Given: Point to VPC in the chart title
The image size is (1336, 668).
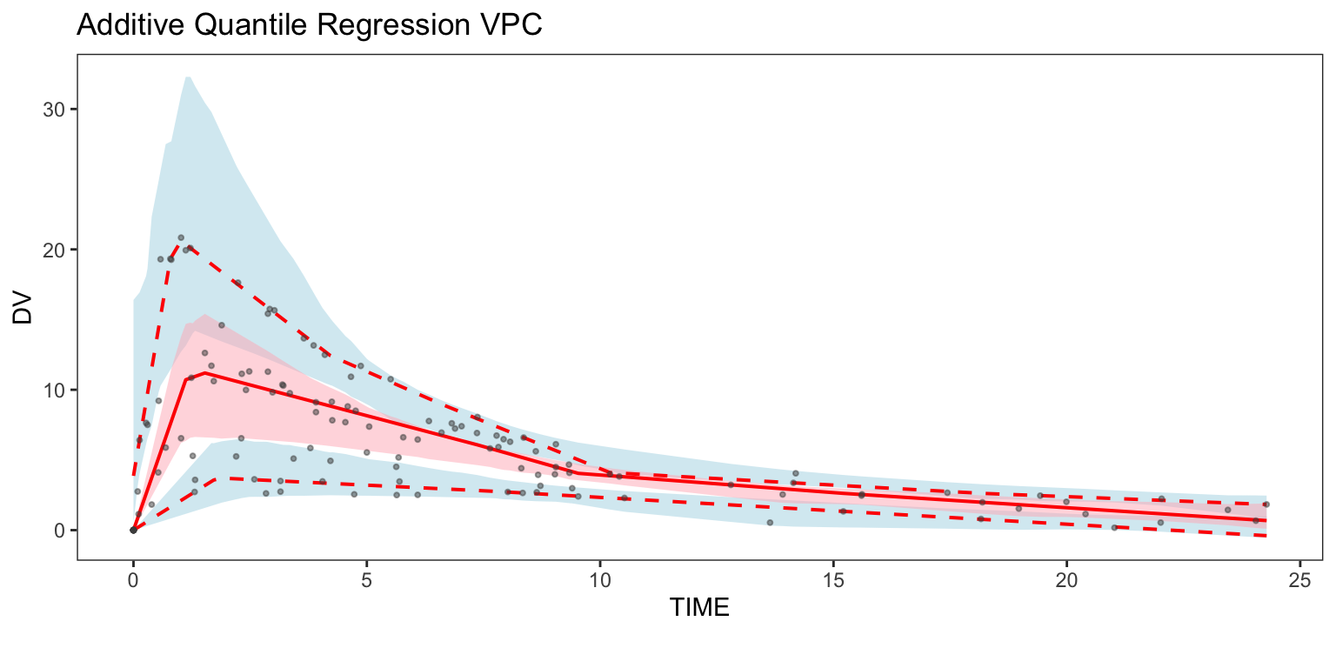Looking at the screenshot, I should [x=512, y=25].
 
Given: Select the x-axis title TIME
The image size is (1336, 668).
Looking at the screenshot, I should [x=699, y=608].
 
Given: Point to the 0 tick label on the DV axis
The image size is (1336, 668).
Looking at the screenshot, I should [x=60, y=530].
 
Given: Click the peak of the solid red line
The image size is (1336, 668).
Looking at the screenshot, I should [x=204, y=372].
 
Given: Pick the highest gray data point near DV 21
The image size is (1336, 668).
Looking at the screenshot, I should [x=181, y=237].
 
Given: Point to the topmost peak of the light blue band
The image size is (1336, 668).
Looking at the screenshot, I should [x=187, y=77].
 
